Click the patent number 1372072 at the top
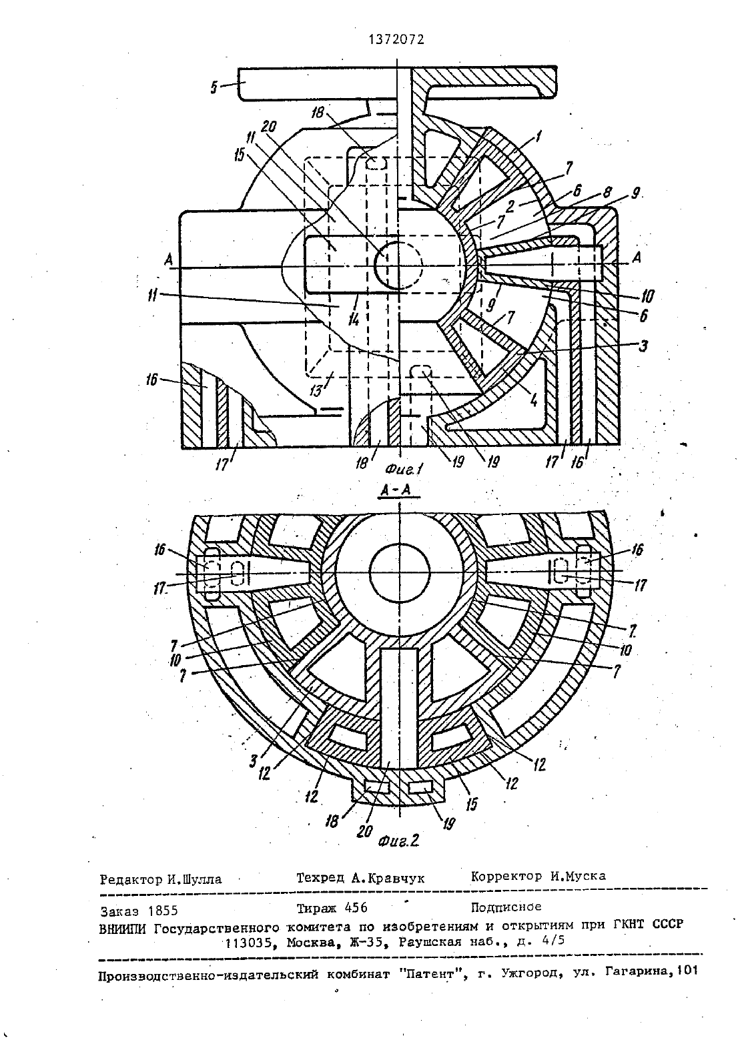pos(396,40)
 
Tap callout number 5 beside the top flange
pos(214,88)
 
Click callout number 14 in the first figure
pos(354,320)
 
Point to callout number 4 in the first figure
pos(534,400)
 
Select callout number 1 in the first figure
pos(538,136)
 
